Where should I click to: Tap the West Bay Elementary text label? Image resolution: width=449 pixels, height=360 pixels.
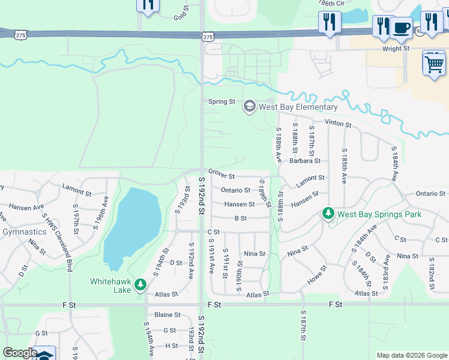[298, 107]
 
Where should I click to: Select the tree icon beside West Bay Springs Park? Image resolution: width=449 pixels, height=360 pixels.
[328, 214]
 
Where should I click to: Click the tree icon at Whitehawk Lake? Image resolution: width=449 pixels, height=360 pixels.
[140, 283]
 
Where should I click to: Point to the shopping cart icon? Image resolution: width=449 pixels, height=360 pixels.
[434, 62]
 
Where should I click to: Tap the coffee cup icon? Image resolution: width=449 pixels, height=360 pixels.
[401, 27]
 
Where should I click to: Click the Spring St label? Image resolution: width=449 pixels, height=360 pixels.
[221, 102]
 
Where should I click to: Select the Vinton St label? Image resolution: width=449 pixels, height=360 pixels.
[338, 123]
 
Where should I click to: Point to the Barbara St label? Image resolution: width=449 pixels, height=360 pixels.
[305, 161]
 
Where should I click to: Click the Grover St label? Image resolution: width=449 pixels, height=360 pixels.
[221, 176]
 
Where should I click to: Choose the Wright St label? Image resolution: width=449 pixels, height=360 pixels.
[396, 48]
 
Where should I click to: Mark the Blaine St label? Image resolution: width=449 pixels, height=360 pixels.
[167, 314]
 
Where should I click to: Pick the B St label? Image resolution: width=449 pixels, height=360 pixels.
[241, 218]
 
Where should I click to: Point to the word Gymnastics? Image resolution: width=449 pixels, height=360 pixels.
[24, 232]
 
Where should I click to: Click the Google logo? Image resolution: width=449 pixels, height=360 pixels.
[20, 353]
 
